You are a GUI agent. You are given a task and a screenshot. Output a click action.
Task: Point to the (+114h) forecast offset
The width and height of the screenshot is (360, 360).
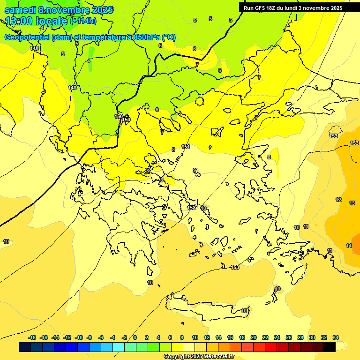83,21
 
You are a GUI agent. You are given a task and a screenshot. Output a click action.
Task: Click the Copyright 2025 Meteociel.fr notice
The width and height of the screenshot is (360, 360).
199,356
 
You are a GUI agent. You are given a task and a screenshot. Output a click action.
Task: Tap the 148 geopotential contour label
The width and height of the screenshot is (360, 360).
34,48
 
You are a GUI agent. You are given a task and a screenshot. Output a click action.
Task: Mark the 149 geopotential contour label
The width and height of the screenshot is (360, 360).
72,88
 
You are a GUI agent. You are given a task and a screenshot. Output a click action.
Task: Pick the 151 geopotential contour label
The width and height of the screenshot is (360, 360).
186,147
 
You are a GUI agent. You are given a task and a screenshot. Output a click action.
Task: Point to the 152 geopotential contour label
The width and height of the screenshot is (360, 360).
191,208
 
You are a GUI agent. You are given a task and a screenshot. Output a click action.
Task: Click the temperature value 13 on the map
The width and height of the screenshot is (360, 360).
352,203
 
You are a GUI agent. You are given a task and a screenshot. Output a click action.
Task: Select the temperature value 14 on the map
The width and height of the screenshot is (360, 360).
349,246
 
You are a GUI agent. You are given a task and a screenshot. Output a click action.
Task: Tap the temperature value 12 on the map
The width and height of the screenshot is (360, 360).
338,200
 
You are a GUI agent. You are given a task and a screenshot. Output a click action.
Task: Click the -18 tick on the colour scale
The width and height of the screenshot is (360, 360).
32,337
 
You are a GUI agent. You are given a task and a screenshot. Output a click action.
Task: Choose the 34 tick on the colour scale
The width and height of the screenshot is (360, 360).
336,337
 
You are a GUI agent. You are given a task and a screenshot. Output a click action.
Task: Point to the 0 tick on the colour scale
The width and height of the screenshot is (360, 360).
135,337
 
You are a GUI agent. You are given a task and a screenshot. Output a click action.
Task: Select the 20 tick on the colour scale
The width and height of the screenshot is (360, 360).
254,337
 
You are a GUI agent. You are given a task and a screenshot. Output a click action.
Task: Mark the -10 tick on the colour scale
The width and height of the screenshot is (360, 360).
78,337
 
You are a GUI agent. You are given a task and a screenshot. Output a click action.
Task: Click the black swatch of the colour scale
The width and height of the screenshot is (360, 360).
330,347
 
